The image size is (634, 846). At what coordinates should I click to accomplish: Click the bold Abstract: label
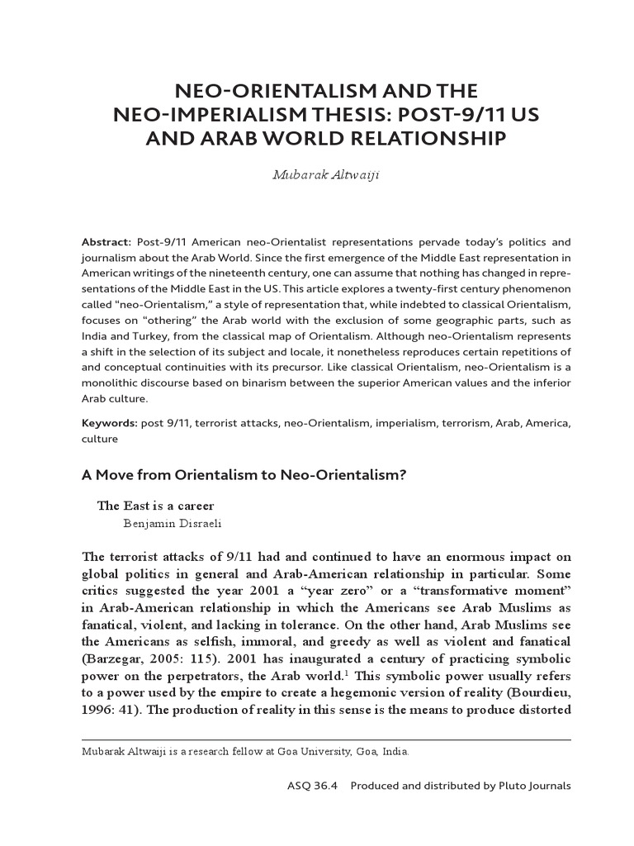(x=106, y=242)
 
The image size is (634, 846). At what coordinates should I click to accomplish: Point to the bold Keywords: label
(x=109, y=424)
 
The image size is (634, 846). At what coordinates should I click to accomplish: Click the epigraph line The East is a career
(x=161, y=506)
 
